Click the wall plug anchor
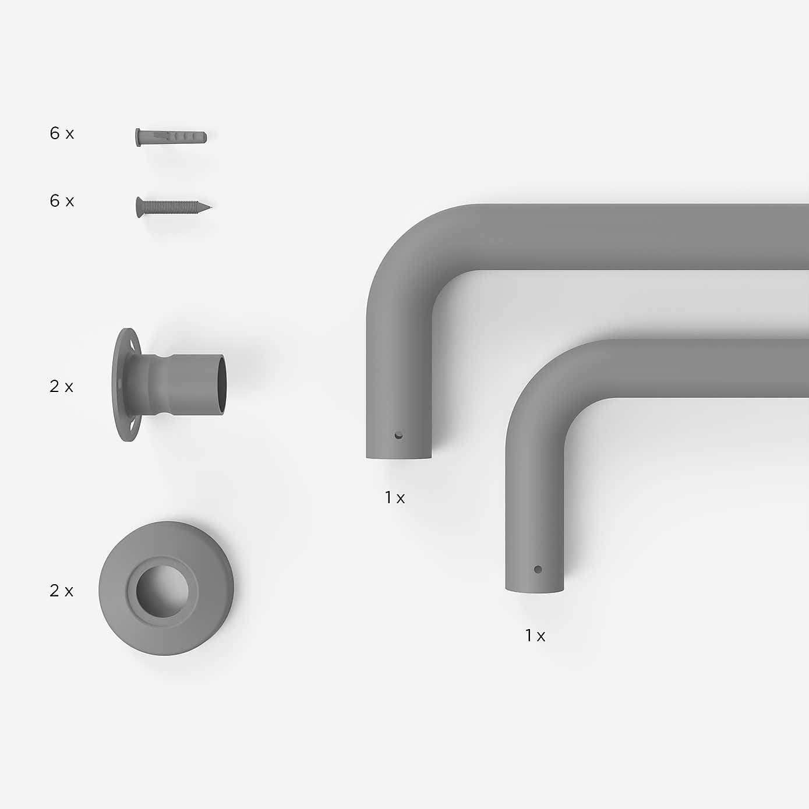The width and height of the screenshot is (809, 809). (171, 137)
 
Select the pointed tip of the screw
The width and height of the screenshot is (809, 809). (211, 207)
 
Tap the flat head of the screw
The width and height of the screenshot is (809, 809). (139, 207)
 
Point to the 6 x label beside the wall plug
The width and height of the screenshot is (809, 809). (62, 133)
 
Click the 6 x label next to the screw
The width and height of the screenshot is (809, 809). (62, 201)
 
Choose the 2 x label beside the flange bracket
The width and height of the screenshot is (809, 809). (61, 387)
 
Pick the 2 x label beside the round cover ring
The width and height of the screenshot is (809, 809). (61, 591)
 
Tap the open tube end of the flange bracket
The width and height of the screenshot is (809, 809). (222, 384)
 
